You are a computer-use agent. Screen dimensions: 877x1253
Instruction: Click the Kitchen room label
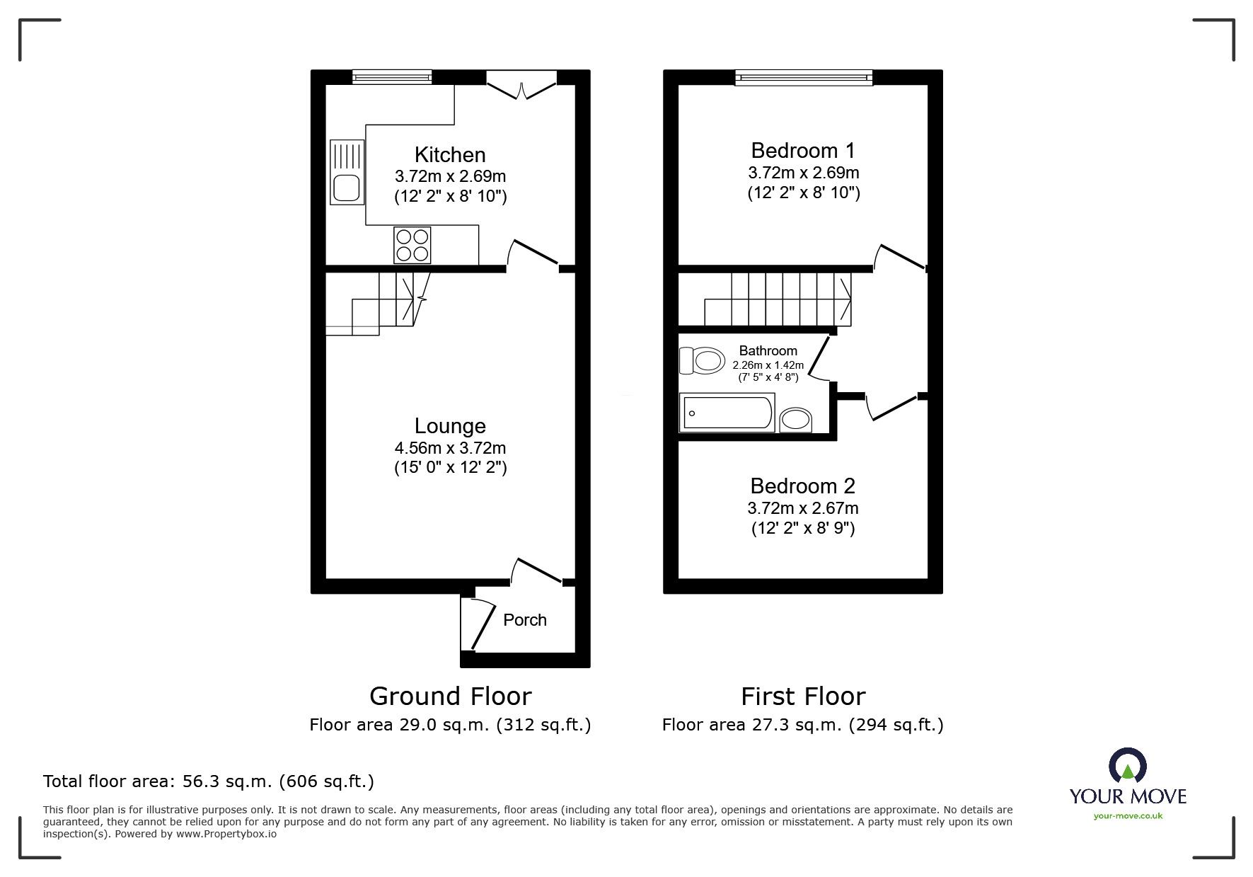[x=450, y=154]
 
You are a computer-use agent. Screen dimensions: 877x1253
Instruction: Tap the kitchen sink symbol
[x=347, y=172]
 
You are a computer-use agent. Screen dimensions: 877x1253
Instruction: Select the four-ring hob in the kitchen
[x=412, y=245]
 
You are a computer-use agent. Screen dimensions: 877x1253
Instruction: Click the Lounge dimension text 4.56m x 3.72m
[x=450, y=448]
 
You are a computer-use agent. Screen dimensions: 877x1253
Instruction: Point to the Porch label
[x=524, y=620]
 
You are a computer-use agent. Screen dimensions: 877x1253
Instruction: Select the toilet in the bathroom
[x=702, y=360]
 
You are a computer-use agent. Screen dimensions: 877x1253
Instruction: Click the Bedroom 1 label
[x=802, y=150]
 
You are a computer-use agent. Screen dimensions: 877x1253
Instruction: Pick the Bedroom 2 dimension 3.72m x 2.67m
[x=802, y=508]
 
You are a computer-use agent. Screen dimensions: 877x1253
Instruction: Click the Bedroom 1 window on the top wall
[x=803, y=77]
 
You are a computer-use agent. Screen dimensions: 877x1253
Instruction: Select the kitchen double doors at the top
[x=521, y=85]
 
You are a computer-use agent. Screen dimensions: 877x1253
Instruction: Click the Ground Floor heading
[x=450, y=697]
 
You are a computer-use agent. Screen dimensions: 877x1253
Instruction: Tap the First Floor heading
[x=802, y=697]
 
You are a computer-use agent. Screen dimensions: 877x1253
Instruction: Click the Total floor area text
[x=208, y=781]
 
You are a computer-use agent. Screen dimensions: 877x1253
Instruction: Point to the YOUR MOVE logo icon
[x=1127, y=766]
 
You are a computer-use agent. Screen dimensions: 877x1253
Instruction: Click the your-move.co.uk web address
[x=1128, y=816]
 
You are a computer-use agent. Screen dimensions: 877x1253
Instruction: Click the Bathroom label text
[x=768, y=350]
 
